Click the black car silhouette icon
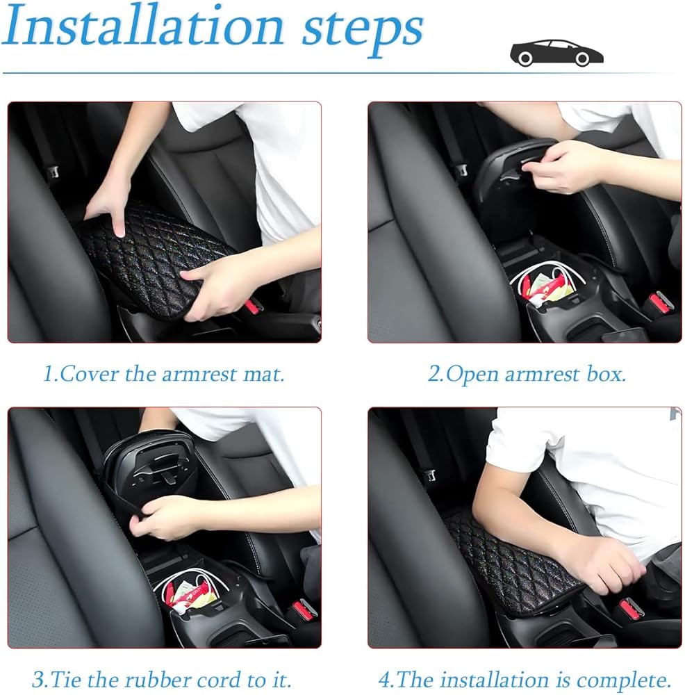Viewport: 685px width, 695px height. (x=556, y=53)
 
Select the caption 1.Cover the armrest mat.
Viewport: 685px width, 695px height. (x=163, y=374)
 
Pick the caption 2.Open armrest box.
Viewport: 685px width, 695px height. (x=527, y=375)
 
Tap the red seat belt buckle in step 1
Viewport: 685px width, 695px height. (x=254, y=304)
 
